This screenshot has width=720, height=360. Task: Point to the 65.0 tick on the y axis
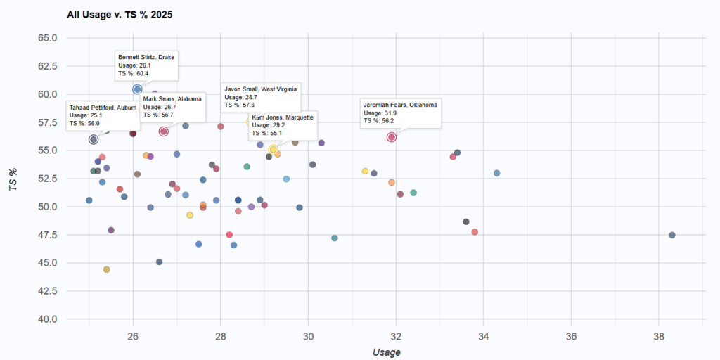pos(46,38)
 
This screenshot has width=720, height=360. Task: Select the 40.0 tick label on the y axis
pos(46,319)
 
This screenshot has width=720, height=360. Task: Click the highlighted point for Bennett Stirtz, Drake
pos(137,89)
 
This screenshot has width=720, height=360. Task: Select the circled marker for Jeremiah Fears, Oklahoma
pos(392,137)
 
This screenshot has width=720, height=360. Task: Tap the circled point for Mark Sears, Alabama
pos(164,131)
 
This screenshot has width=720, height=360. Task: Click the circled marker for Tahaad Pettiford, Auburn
pos(94,139)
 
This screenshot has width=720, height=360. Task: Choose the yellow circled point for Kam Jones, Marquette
pos(273,149)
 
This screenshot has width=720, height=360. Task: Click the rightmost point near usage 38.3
pos(672,235)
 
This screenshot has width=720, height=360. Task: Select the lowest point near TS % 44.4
pos(107,269)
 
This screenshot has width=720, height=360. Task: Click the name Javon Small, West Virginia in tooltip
pos(260,89)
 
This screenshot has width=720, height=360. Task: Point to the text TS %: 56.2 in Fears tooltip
pos(378,120)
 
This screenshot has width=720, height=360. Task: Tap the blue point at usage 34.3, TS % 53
pos(497,173)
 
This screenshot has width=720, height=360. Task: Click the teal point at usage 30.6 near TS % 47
pos(335,238)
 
